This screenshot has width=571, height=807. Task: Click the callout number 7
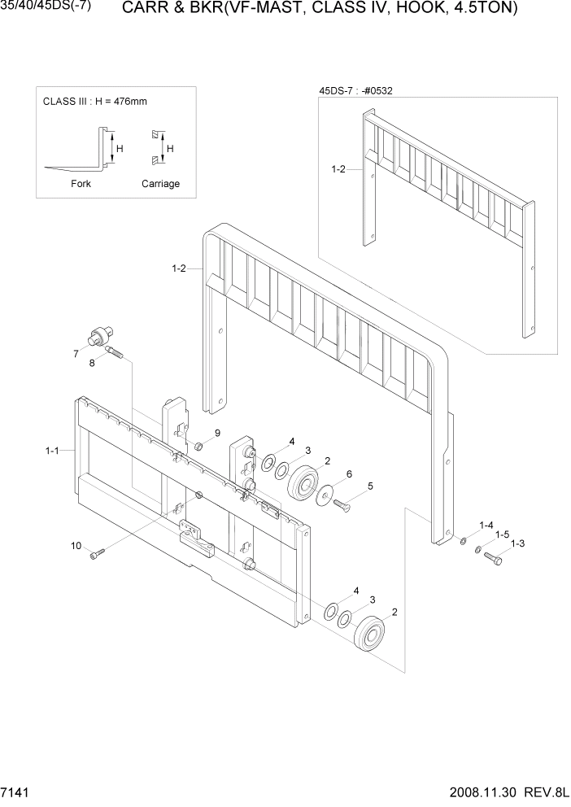click(76, 354)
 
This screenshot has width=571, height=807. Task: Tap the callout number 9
click(217, 432)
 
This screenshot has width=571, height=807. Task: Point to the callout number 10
click(76, 546)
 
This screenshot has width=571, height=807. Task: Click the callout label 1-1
click(53, 450)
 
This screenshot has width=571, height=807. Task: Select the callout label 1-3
click(517, 544)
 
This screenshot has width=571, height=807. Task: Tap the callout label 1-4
click(486, 525)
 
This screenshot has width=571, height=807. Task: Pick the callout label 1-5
click(502, 534)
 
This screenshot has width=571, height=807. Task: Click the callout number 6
click(348, 473)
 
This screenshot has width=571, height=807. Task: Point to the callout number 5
click(370, 486)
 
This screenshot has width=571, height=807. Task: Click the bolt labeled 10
click(98, 555)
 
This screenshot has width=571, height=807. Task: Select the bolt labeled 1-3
click(494, 558)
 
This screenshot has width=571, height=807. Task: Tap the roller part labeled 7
click(101, 334)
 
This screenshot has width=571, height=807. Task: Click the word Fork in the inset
click(81, 184)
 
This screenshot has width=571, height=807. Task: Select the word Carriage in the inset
click(160, 184)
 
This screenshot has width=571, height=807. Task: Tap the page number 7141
click(15, 792)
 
